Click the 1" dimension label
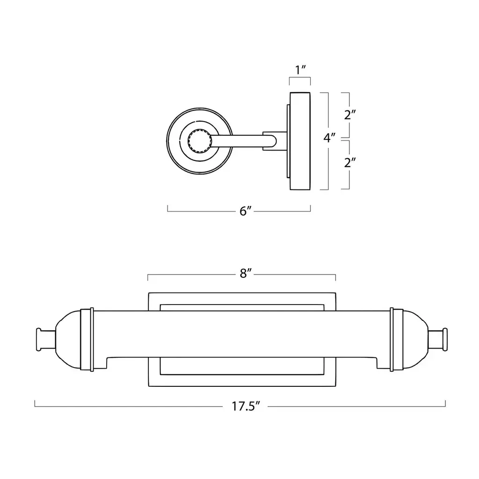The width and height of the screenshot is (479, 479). (x=300, y=70)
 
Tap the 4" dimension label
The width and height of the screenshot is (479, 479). (x=329, y=138)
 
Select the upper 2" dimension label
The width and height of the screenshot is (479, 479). (x=350, y=115)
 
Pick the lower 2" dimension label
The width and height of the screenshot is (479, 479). (x=350, y=162)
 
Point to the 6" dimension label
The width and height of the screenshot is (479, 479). (x=245, y=211)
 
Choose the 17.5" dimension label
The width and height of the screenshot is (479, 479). (x=245, y=406)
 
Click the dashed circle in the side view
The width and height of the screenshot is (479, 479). (x=199, y=130)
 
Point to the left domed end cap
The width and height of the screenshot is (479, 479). (x=68, y=340)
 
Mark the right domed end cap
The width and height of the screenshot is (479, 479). (x=416, y=340)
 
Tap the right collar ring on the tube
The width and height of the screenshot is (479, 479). (x=397, y=340)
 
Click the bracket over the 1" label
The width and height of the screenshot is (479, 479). (x=300, y=78)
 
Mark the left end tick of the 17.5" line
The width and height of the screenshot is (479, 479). (x=35, y=404)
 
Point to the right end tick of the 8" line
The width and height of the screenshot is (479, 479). (x=336, y=277)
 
